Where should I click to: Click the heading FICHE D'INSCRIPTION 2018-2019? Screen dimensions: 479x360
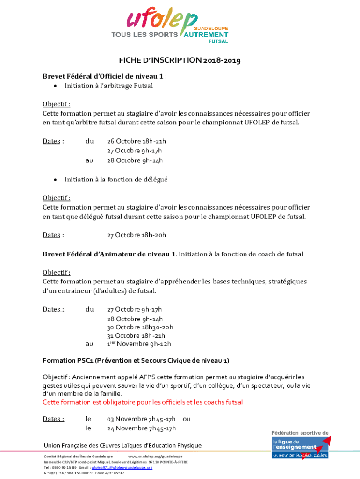[x=180, y=60]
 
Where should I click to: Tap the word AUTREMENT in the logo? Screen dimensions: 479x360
[x=206, y=35]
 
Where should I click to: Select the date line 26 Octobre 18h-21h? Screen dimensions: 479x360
[x=137, y=141]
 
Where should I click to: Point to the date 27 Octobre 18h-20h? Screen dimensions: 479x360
[x=137, y=235]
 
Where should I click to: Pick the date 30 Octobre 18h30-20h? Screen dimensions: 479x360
[x=140, y=327]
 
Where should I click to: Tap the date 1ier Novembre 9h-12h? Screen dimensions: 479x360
[x=139, y=344]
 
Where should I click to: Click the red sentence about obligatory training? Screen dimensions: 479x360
[x=143, y=402]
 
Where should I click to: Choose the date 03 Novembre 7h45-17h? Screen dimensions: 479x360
[x=141, y=419]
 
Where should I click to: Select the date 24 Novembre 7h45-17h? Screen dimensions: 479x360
[x=141, y=428]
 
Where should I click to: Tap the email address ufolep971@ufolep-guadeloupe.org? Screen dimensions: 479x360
[x=122, y=467]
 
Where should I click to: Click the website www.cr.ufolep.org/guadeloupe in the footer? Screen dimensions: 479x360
[x=155, y=456]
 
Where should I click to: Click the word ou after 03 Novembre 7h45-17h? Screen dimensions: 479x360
[x=187, y=419]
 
